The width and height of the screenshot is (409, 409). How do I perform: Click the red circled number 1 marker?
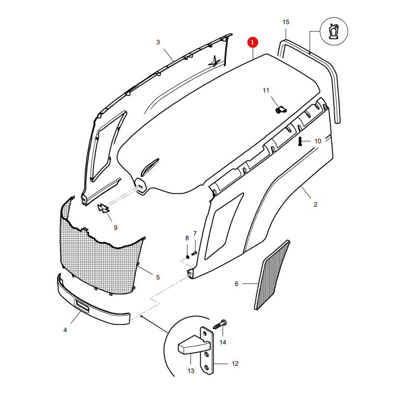tap(252, 42)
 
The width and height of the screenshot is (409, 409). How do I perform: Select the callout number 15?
tap(286, 22)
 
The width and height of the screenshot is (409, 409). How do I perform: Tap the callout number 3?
tap(158, 42)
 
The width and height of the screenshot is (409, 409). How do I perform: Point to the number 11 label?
tap(266, 91)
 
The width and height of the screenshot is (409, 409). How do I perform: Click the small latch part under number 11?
tap(281, 110)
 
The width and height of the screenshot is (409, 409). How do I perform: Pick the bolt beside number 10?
tap(300, 141)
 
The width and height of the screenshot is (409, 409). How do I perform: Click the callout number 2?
tap(315, 205)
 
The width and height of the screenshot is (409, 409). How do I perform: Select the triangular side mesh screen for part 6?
tap(272, 275)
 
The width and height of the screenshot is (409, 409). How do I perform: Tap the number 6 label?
tap(236, 284)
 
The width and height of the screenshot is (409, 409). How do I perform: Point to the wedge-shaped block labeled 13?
tap(194, 346)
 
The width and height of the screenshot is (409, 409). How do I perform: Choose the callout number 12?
tap(235, 364)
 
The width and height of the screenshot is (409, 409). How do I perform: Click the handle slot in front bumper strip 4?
tap(82, 305)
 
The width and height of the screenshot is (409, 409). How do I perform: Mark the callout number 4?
tap(65, 330)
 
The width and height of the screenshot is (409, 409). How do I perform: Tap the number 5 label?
tap(158, 278)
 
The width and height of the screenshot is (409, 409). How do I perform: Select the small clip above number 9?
tap(103, 208)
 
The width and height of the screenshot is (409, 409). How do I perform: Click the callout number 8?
tap(187, 238)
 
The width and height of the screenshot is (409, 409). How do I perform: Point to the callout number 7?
tap(195, 234)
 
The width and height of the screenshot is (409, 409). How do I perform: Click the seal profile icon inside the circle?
tap(334, 31)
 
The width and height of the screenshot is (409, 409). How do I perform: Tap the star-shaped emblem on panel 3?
tap(215, 62)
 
